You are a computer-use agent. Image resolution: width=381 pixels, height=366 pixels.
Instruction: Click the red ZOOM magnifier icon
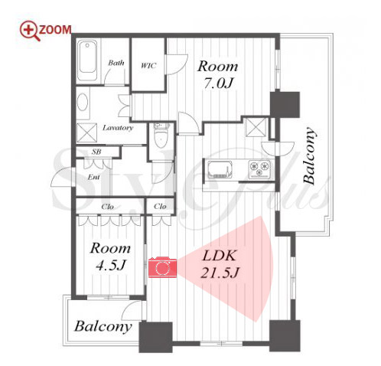click(x=30, y=31)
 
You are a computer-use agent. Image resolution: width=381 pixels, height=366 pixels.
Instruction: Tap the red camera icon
click(x=162, y=267)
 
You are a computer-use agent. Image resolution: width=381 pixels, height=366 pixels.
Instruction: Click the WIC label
click(x=148, y=66)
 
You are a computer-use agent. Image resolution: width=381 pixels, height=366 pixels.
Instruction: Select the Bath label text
click(x=116, y=63)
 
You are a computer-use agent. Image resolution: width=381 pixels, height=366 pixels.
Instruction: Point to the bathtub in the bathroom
click(x=87, y=60)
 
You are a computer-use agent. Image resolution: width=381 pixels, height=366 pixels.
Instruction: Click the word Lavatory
click(x=118, y=127)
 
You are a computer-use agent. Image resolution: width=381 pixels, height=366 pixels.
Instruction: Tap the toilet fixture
click(x=161, y=136)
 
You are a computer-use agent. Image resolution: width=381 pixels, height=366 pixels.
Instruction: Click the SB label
click(x=96, y=152)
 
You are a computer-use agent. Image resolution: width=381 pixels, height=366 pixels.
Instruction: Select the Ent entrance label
click(x=93, y=177)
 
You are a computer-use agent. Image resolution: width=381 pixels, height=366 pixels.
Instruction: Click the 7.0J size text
click(x=218, y=83)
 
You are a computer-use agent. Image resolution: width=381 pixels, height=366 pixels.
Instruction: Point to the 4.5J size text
click(x=111, y=265)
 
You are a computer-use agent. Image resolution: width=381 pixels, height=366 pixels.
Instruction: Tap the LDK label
click(x=219, y=256)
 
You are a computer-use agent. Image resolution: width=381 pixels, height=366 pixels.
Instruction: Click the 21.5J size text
click(x=219, y=273)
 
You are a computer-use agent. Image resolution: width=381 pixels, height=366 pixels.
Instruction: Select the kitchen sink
click(x=220, y=168)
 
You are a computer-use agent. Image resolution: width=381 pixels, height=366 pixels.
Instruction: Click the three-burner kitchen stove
click(x=259, y=168)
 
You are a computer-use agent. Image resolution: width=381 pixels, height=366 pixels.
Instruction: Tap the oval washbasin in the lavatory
click(x=83, y=102)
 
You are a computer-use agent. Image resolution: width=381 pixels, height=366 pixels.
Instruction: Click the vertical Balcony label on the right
click(x=309, y=155)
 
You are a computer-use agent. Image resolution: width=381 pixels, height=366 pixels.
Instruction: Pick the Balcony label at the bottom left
click(x=103, y=326)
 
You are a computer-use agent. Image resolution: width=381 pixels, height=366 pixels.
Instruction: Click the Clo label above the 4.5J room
click(x=107, y=206)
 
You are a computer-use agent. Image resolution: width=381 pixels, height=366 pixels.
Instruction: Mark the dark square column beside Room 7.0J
click(x=285, y=105)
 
